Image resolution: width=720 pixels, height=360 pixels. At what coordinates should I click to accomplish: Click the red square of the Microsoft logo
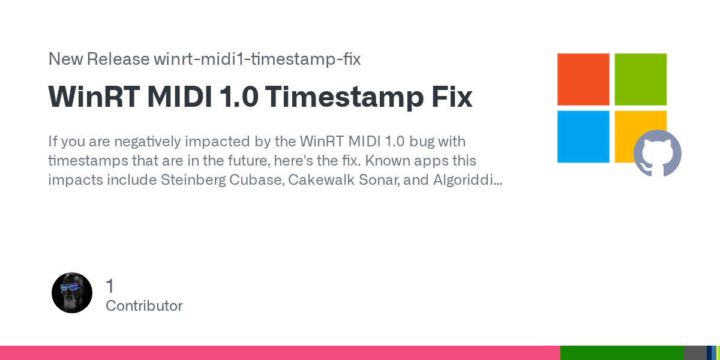pos(583,79)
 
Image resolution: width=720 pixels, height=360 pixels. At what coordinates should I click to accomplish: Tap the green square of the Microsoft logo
pos(641,79)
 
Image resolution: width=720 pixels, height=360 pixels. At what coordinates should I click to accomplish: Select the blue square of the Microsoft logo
pos(583,137)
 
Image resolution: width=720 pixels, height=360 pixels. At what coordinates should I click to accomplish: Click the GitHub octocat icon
pos(658,153)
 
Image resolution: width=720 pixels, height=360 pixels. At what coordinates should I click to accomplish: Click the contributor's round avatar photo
pos(72,293)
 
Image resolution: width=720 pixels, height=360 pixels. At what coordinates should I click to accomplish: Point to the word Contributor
pos(144,306)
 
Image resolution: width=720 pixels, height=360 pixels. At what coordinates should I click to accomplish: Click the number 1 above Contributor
pos(110,286)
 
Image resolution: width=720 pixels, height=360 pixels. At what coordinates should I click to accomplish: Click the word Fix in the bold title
pos(452,97)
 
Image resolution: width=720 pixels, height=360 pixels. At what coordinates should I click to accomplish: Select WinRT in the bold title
pos(94,97)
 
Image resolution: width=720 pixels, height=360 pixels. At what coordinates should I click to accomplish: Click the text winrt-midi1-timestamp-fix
pos(257,59)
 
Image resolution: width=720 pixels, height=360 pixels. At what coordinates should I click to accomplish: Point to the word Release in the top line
pos(118,59)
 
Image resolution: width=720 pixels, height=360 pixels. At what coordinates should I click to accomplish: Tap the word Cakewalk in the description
pos(322,179)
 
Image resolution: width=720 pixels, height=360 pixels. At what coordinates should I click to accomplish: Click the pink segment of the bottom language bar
pos(280,353)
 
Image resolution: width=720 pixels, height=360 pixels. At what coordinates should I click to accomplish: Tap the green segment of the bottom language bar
pos(622,353)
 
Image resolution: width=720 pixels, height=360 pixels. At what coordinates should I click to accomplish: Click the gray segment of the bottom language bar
pos(695,353)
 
